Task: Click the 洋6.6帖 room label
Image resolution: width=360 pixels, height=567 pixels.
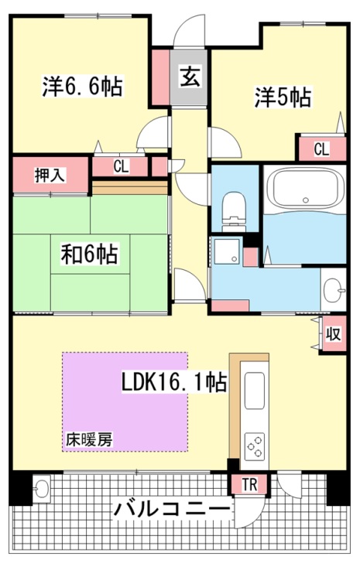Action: coord(83,86)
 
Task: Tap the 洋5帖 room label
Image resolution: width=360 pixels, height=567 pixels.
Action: coord(283,97)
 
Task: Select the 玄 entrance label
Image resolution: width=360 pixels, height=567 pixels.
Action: coord(190,77)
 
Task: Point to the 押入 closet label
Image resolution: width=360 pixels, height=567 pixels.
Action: coord(50,175)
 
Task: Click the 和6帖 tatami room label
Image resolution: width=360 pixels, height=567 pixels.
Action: coord(89,254)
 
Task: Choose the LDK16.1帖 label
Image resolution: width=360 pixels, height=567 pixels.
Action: coord(173,383)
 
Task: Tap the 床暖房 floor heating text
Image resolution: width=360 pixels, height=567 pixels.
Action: coord(89,439)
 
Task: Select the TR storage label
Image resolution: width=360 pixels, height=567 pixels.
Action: coord(249,484)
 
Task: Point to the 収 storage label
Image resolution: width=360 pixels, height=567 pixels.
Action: coord(334,333)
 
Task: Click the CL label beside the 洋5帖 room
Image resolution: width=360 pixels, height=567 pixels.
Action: coord(321,149)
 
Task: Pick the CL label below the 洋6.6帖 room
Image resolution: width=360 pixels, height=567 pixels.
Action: coord(121,167)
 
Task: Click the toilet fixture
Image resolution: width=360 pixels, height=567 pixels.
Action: coord(234,211)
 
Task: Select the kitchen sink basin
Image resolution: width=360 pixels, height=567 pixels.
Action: coord(255,391)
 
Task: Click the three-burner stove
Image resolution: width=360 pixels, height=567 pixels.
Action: coord(255,446)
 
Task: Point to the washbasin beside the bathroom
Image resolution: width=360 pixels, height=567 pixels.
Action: coord(334,290)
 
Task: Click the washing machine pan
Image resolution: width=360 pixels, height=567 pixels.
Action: coord(226,251)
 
